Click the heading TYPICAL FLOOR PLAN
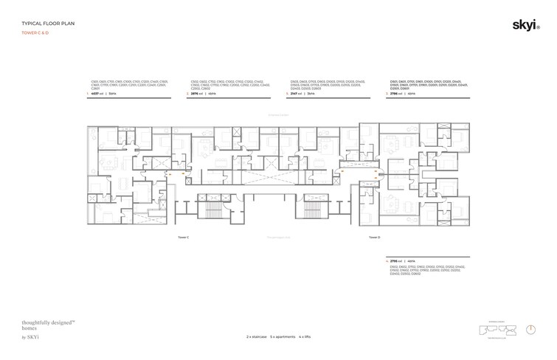pos(46,24)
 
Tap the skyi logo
pos(525,26)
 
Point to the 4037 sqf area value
pos(97,94)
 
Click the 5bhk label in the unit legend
pos(112,94)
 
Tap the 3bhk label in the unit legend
pos(311,94)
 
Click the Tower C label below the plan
pos(184,238)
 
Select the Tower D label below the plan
pos(374,238)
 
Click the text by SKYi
pos(30,337)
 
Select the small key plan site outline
pos(494,329)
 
